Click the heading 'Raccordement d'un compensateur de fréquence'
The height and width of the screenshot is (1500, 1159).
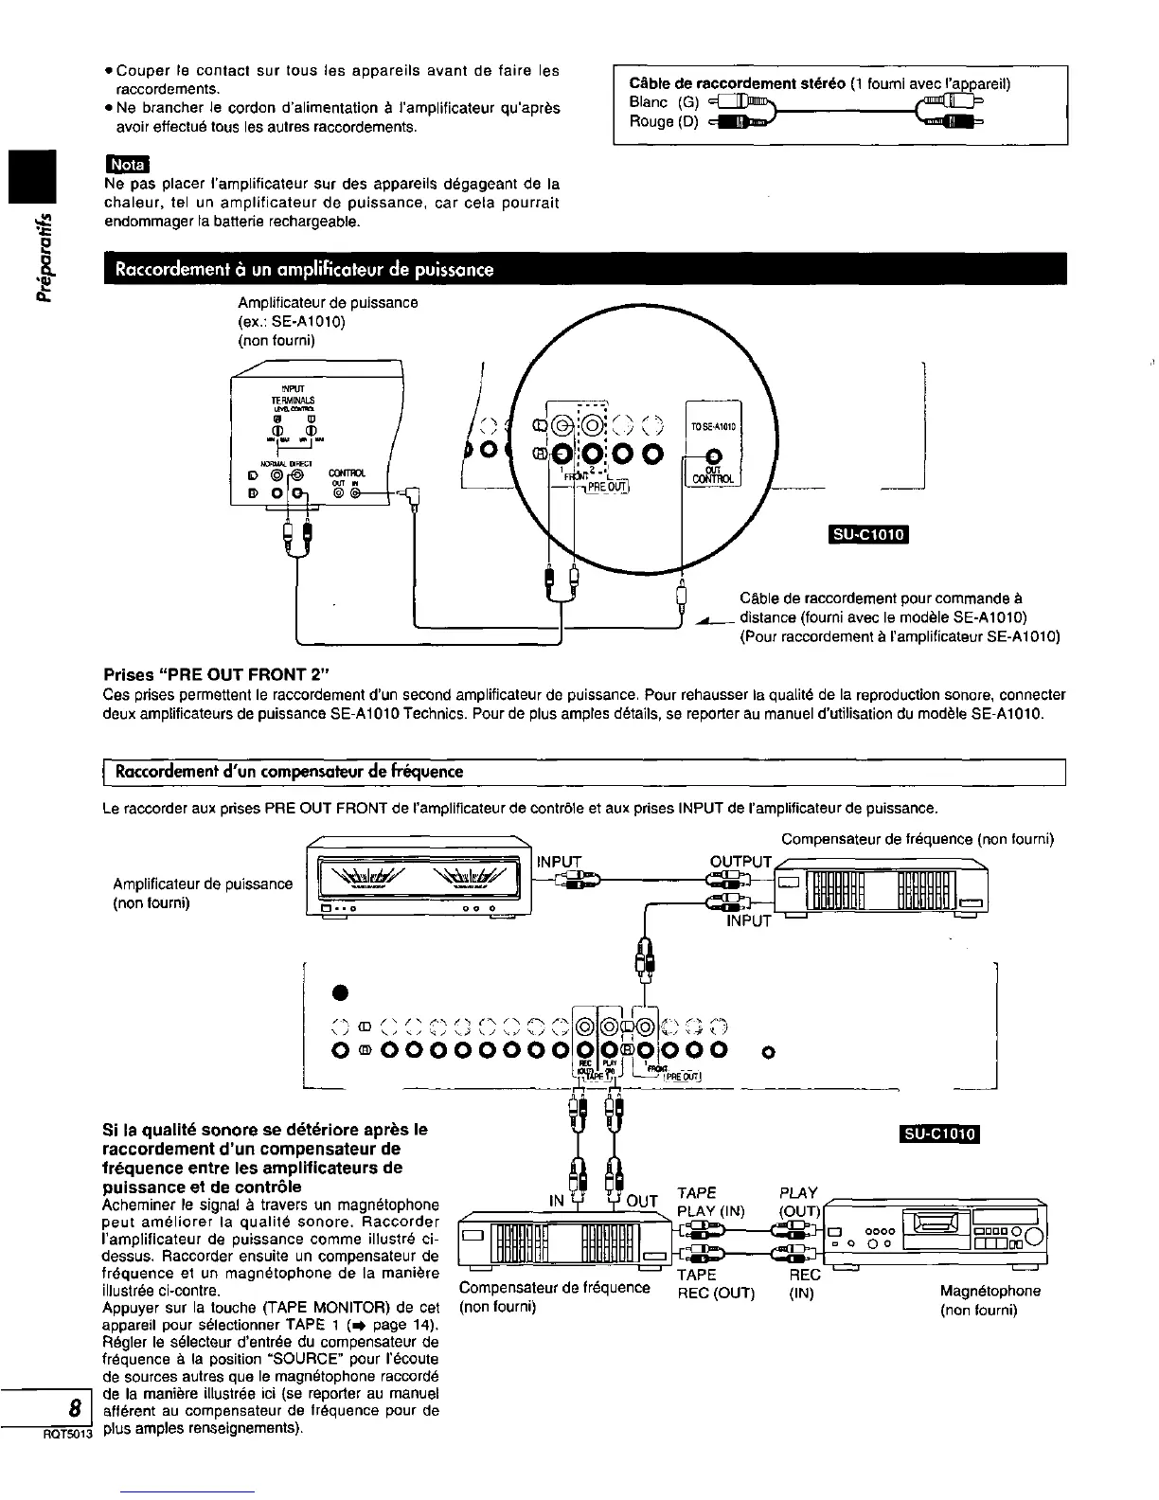click(289, 772)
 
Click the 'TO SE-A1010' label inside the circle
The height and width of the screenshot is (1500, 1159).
click(713, 426)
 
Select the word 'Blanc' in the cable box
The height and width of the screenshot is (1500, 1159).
click(649, 102)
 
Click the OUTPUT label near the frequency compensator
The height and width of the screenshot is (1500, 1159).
click(741, 861)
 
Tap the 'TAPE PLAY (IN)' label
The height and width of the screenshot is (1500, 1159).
click(711, 1202)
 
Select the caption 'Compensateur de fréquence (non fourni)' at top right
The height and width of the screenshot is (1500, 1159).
click(917, 838)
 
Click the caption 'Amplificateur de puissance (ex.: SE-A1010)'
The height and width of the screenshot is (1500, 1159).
click(328, 312)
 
